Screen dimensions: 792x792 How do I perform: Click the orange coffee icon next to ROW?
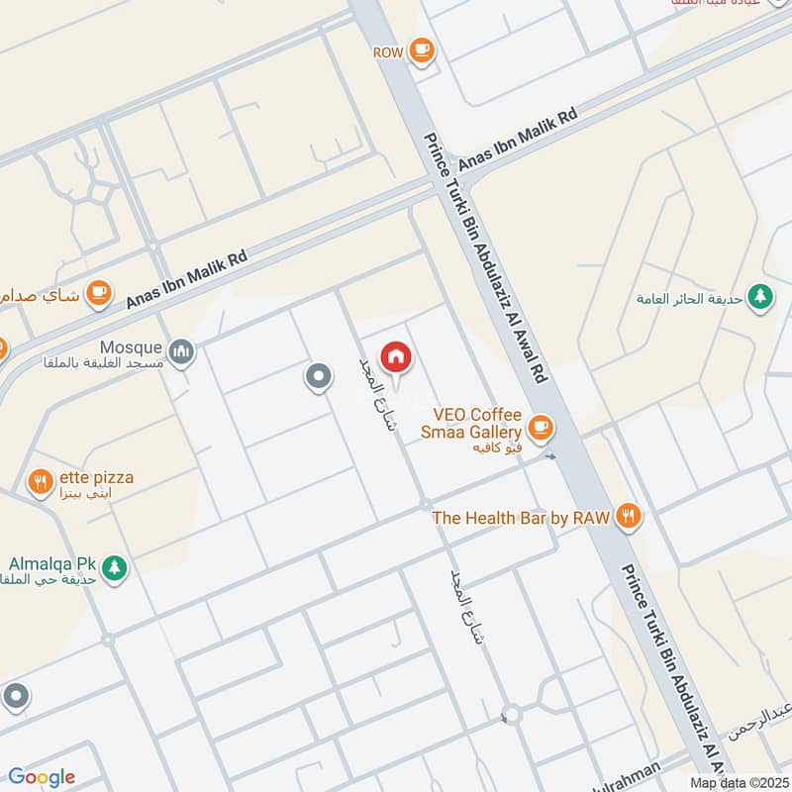point(422,49)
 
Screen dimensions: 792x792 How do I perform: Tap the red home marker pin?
point(396,357)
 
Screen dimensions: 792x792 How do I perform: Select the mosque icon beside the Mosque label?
point(181,350)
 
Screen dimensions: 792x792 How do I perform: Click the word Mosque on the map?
point(130,347)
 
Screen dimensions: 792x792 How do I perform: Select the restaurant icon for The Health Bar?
point(628,516)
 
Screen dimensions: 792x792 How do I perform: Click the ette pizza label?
point(95,477)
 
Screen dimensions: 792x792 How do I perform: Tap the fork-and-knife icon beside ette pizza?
point(41,483)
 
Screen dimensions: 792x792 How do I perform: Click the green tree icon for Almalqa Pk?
point(115,568)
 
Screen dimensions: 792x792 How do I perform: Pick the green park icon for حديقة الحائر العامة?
point(760,295)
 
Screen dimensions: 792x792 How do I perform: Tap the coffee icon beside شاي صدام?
point(97,292)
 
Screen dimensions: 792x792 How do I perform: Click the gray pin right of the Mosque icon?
point(318,376)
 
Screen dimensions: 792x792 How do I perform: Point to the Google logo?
point(42,777)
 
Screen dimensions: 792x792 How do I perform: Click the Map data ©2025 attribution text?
point(739,782)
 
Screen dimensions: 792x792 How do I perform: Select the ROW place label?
point(387,50)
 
